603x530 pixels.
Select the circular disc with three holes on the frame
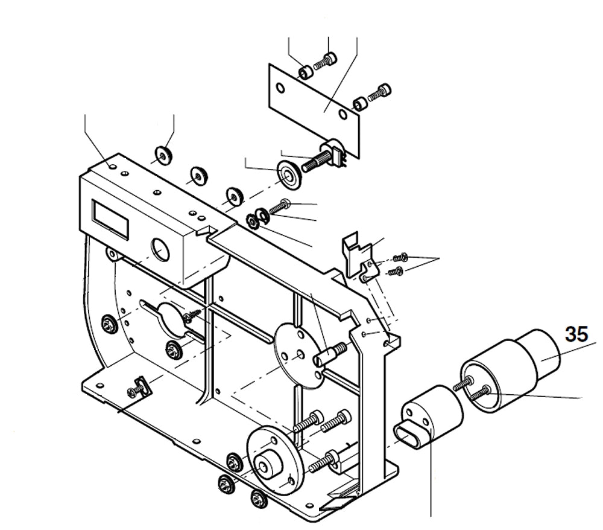click(299, 356)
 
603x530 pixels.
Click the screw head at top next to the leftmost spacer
click(329, 60)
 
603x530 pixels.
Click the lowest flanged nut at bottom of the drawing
click(257, 499)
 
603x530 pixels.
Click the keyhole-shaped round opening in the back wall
click(171, 316)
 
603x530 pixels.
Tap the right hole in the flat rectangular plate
click(343, 113)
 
